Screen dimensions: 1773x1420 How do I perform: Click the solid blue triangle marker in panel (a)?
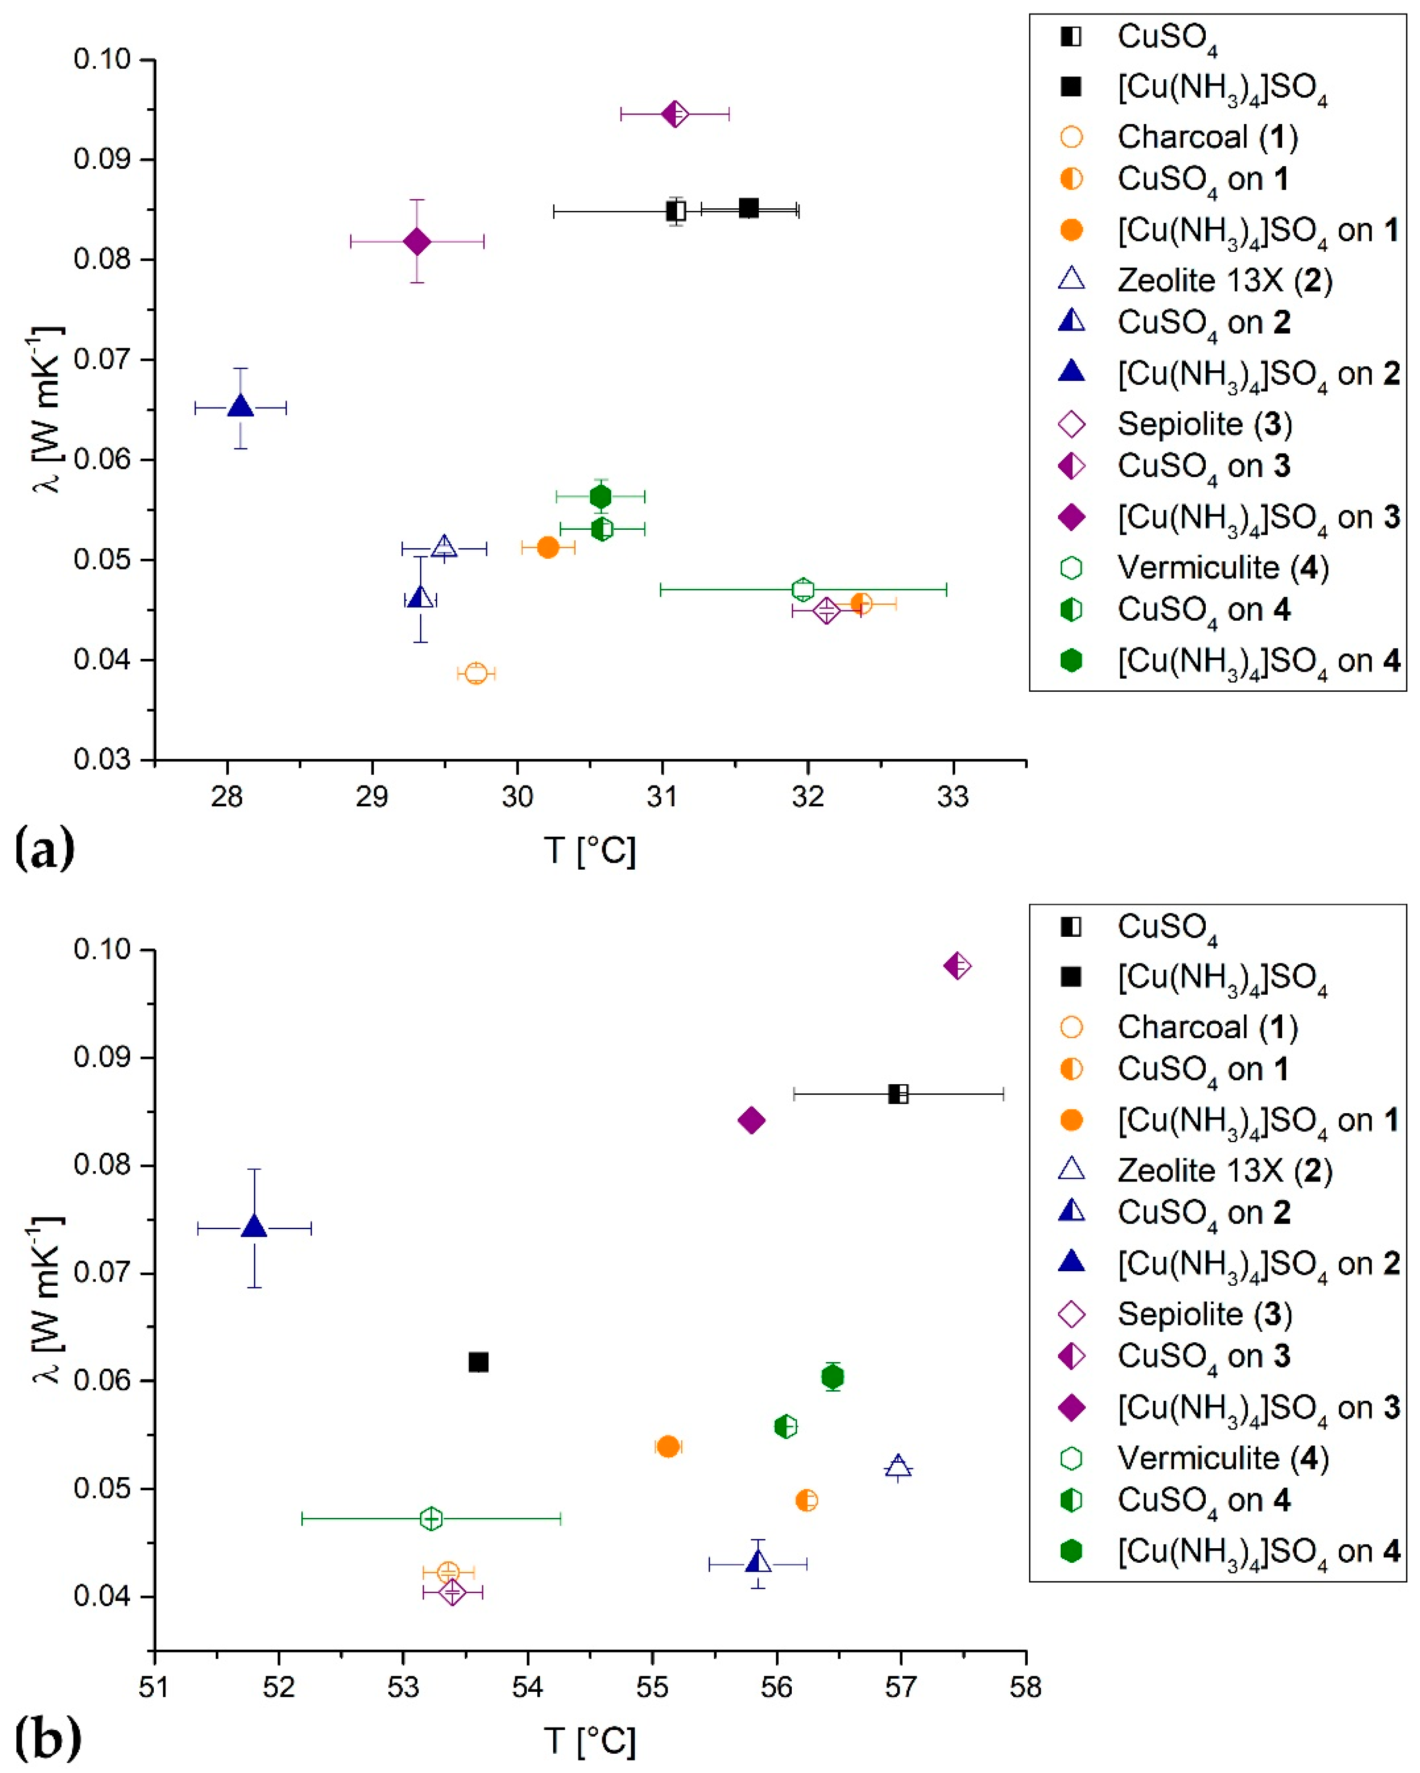click(x=240, y=406)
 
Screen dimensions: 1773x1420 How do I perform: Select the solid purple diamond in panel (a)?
click(x=417, y=242)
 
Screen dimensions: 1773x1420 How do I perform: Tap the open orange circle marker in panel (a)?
click(x=475, y=673)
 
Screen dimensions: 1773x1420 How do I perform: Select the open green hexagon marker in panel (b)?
click(x=431, y=1518)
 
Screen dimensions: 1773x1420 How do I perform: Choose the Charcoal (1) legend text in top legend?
click(x=1207, y=136)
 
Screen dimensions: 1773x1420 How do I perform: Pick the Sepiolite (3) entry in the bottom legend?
click(x=1204, y=1314)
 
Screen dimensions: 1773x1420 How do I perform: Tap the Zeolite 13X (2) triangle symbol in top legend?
click(x=1071, y=279)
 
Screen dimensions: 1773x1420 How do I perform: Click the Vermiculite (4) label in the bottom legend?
click(x=1223, y=1458)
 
